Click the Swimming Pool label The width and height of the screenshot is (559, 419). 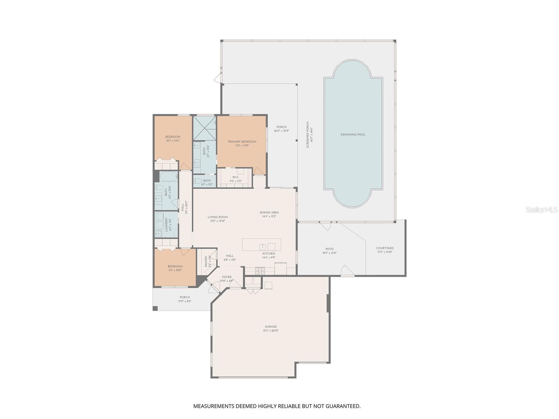point(353,134)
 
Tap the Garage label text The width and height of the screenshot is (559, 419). point(271,327)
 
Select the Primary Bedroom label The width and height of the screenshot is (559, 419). point(242,141)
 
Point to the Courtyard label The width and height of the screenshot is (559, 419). point(385,248)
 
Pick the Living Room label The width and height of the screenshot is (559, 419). point(218,217)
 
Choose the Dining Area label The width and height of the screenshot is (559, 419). point(269,212)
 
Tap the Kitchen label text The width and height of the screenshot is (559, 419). point(269,253)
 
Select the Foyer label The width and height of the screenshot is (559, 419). point(227,277)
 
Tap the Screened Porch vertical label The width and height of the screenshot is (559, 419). point(307,134)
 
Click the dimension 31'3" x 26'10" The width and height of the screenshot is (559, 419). point(271,331)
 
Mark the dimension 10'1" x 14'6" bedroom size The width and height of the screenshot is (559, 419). point(173,140)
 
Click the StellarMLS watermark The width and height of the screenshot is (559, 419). point(541,209)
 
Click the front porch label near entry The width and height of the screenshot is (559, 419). point(184,297)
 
